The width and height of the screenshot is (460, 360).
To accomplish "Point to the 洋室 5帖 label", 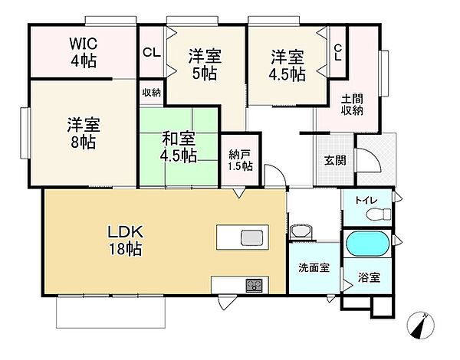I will pyautogui.click(x=205, y=64).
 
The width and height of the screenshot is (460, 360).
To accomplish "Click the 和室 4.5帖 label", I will pyautogui.click(x=179, y=148).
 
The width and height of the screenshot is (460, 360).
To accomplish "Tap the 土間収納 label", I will pyautogui.click(x=352, y=103).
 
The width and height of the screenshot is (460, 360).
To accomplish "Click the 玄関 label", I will pyautogui.click(x=334, y=160).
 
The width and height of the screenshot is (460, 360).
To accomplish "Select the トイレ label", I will pyautogui.click(x=365, y=201).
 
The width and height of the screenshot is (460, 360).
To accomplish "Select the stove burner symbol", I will pyautogui.click(x=252, y=285).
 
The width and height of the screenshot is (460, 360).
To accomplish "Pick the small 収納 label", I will pyautogui.click(x=151, y=92).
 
